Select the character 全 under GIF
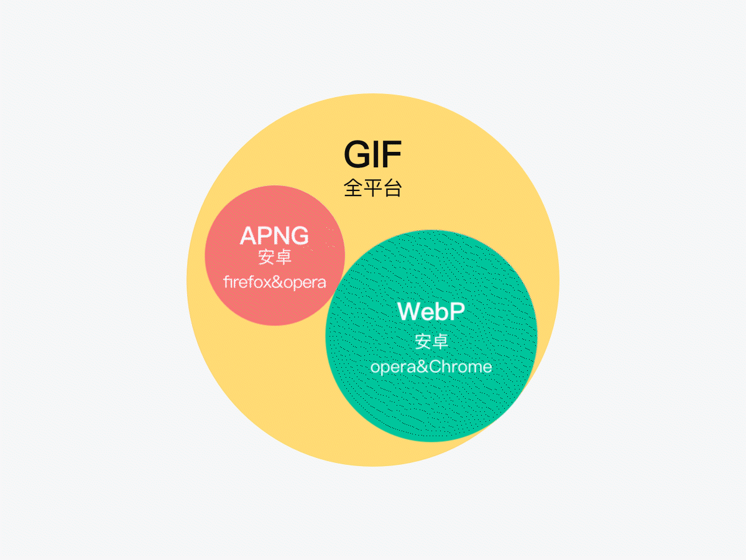click(353, 189)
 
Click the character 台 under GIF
click(393, 189)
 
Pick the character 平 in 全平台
click(373, 189)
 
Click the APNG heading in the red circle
click(274, 236)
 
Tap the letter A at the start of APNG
click(248, 236)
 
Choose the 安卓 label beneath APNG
click(275, 257)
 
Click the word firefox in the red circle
click(245, 282)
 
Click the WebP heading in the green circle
click(431, 311)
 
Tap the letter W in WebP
click(410, 311)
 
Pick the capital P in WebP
click(457, 311)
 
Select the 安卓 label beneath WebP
click(431, 341)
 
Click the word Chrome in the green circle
click(461, 366)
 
